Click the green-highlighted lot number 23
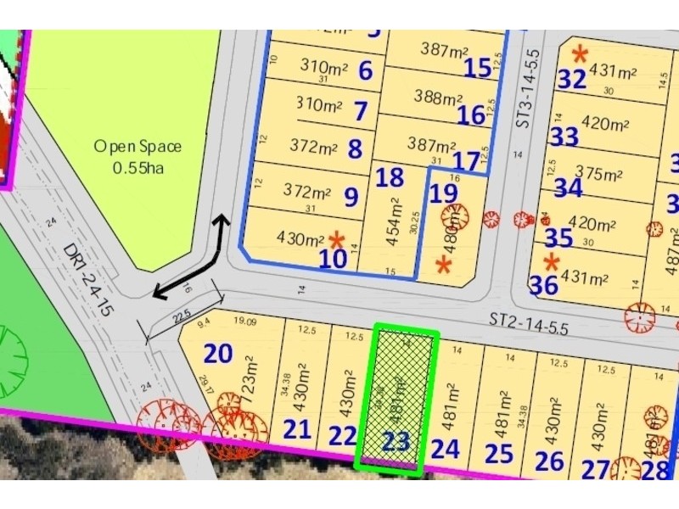coord(396,441)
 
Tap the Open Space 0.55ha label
coord(137,157)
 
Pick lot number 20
coord(218,353)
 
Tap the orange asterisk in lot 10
coord(337,239)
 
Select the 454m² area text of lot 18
coord(393,222)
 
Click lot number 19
coord(441,193)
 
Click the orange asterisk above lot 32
coord(580,54)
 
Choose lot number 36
coord(543,286)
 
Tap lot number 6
coord(365,70)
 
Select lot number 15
coord(478,67)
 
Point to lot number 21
coord(297,429)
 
